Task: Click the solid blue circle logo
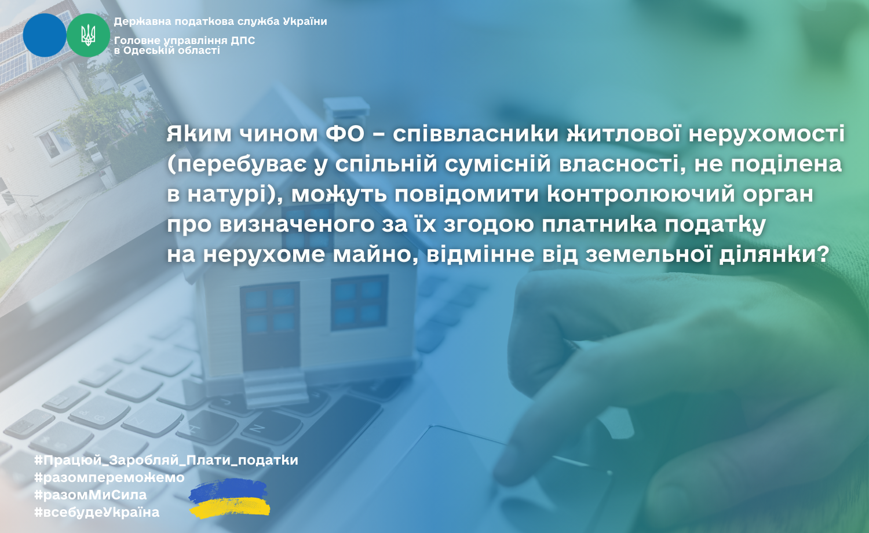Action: coord(45,35)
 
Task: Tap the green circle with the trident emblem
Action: coord(88,35)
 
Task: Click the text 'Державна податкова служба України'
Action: coord(220,21)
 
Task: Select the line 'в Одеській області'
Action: coord(167,50)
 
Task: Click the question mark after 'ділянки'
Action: coord(823,255)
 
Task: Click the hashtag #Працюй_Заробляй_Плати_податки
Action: coord(166,461)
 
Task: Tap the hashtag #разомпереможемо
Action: coord(109,477)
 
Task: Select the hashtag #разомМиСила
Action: coord(90,495)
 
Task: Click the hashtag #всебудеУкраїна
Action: coord(97,513)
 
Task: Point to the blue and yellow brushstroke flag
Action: coord(229,499)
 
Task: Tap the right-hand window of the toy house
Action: coord(359,302)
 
